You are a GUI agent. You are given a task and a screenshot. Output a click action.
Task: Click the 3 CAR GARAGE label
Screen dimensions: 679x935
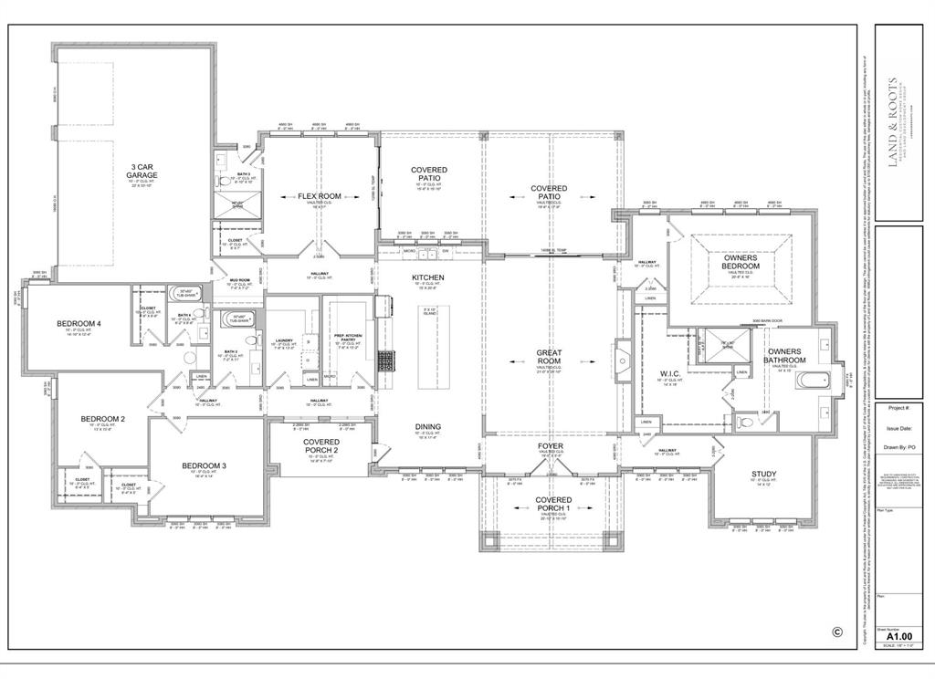click(142, 171)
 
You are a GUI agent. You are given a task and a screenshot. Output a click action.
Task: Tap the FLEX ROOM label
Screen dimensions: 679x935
click(319, 196)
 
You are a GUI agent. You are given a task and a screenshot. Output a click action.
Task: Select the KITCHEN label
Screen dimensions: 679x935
click(428, 277)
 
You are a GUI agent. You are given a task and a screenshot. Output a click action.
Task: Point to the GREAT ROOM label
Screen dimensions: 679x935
click(550, 358)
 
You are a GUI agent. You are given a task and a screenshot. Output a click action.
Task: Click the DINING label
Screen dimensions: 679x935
click(428, 426)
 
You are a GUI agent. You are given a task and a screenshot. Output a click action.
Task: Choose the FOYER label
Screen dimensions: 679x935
click(550, 446)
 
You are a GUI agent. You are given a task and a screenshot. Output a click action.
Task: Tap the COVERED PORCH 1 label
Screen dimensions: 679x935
click(553, 505)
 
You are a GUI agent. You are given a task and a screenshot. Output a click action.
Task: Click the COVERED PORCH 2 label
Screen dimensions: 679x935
click(321, 446)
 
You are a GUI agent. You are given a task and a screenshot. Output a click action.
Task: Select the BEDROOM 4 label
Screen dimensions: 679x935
click(79, 324)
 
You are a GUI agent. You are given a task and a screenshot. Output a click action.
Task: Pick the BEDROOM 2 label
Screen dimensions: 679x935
click(102, 419)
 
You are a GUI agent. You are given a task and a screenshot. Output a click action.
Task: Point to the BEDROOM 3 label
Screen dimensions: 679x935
click(204, 466)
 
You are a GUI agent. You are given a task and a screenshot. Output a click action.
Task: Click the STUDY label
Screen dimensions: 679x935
click(764, 474)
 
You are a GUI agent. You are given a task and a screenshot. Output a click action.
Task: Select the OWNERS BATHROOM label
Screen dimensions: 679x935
click(784, 356)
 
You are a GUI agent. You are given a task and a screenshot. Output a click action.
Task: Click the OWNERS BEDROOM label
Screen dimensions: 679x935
click(741, 263)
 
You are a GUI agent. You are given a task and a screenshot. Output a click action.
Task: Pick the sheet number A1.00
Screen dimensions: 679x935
click(898, 637)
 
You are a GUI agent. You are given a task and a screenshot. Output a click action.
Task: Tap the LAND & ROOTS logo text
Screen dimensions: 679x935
click(892, 120)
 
